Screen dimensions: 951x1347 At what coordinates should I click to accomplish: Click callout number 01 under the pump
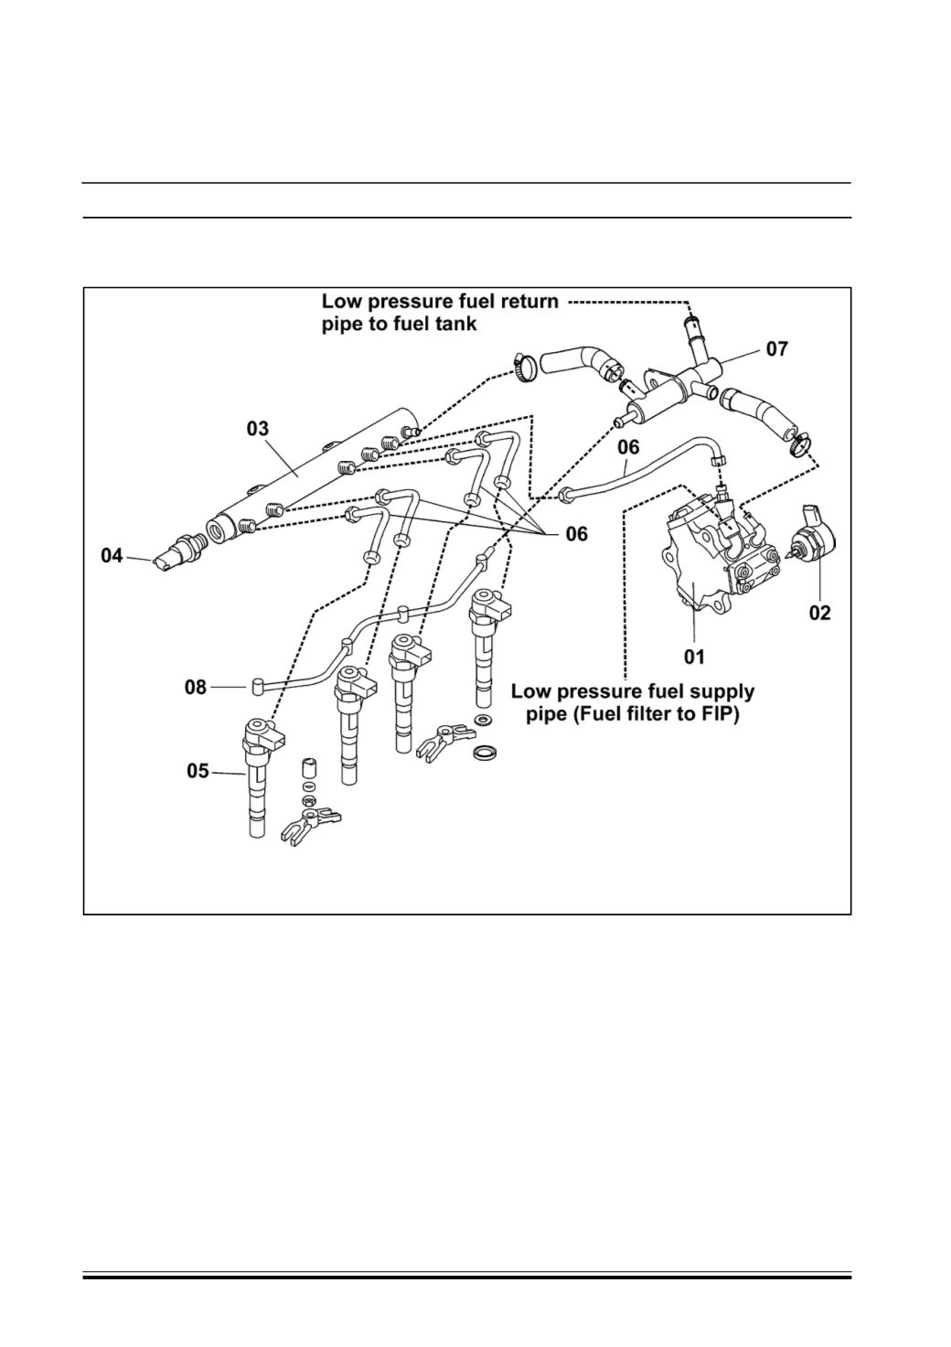(x=694, y=657)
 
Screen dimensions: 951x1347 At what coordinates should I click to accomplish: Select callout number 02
(x=819, y=613)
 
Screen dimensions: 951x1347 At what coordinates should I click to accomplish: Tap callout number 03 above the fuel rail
(x=258, y=429)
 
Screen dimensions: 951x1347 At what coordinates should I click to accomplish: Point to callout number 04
(x=112, y=556)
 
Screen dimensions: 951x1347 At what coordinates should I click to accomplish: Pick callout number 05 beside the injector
(x=198, y=771)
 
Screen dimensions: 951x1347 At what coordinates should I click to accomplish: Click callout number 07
(x=776, y=348)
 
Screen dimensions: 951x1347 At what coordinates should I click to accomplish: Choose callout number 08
(x=196, y=688)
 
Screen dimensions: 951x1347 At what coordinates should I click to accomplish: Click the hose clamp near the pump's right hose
(x=799, y=444)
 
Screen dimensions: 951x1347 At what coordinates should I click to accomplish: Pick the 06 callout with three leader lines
(x=576, y=533)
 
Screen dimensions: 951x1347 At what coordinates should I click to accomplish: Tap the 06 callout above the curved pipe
(x=628, y=447)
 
